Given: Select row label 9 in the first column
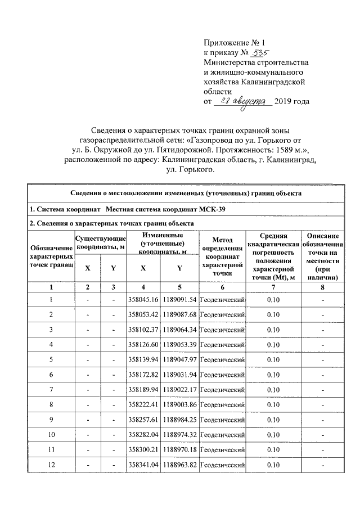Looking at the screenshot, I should point(51,420).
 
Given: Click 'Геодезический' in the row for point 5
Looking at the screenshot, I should point(223,359).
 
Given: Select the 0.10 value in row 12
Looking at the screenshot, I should point(273,465).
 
